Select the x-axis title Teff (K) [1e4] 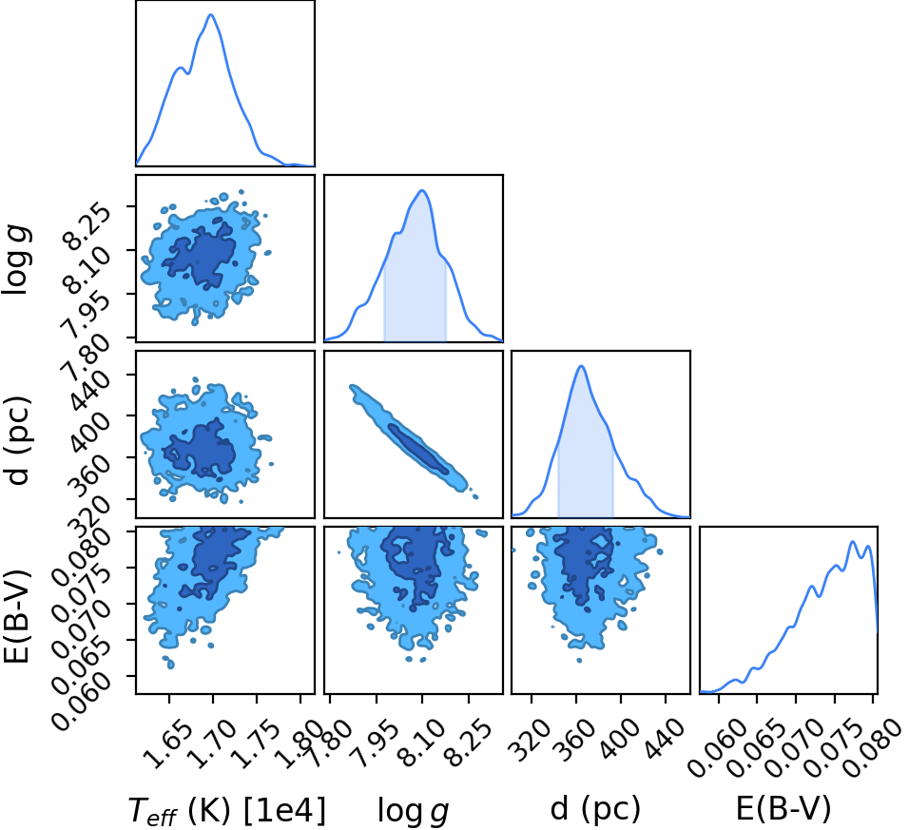(x=226, y=810)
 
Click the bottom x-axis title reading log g (x=414, y=810)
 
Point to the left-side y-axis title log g (x=17, y=260)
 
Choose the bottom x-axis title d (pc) (x=595, y=808)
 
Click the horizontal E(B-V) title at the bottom (x=783, y=808)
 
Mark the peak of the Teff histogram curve (x=211, y=14)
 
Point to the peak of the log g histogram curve (x=422, y=190)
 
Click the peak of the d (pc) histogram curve (x=581, y=366)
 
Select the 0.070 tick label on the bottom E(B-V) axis (x=795, y=748)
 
